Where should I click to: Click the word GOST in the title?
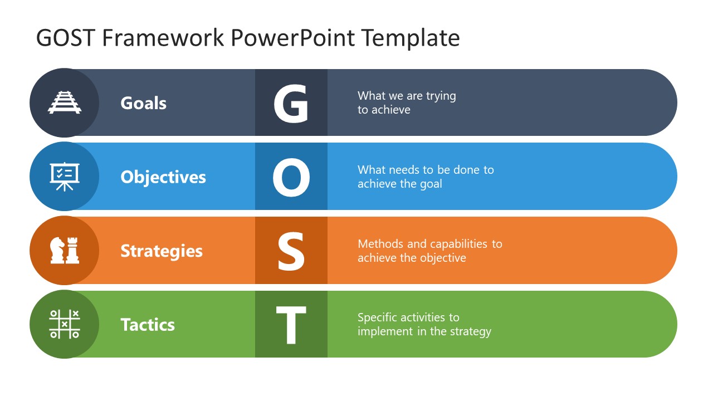click(x=66, y=38)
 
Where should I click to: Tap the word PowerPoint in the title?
click(x=292, y=38)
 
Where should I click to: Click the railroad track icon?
click(x=65, y=102)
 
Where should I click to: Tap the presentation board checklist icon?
click(x=65, y=177)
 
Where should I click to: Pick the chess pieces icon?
click(x=65, y=251)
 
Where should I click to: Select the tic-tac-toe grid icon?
click(x=65, y=324)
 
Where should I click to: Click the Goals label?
click(x=144, y=103)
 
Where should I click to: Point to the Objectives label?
click(x=163, y=177)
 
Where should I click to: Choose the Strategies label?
click(x=162, y=251)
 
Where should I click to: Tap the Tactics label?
click(x=148, y=325)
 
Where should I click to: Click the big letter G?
click(x=291, y=104)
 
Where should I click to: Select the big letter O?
click(x=291, y=177)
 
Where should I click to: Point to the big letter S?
click(x=291, y=251)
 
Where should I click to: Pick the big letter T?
click(x=291, y=325)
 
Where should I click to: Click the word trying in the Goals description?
click(x=441, y=96)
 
